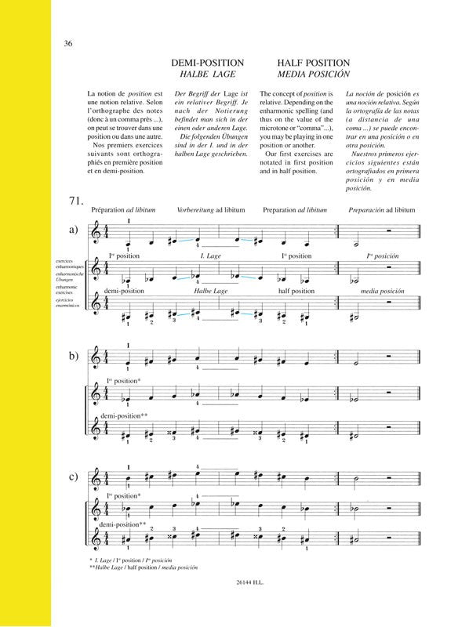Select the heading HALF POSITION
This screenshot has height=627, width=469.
click(307, 62)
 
